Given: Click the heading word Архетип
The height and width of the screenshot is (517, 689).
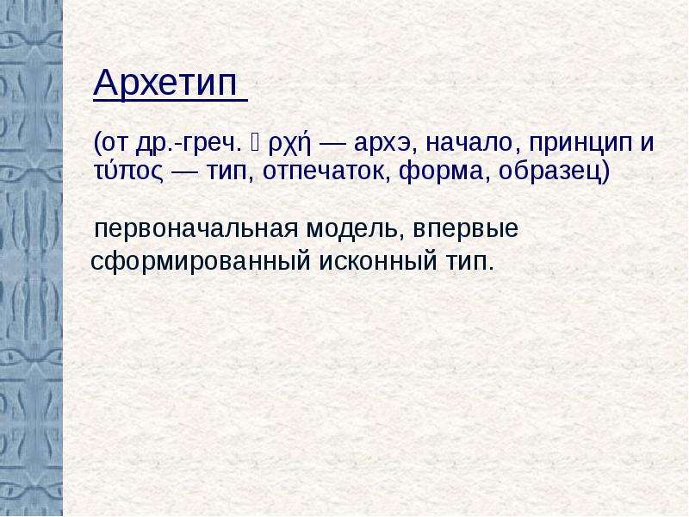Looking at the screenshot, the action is [165, 82].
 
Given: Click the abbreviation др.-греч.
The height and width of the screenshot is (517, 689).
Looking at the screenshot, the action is [189, 143].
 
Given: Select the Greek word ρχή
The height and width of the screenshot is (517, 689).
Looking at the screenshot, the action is [289, 144].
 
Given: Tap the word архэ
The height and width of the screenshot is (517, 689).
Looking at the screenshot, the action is [382, 143].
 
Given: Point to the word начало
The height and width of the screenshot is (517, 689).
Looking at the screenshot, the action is [469, 143].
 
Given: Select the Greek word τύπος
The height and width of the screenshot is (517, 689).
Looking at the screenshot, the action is [128, 171].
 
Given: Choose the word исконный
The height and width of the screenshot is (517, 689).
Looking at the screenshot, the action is [378, 261].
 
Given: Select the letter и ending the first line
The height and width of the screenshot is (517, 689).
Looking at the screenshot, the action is [647, 143].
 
